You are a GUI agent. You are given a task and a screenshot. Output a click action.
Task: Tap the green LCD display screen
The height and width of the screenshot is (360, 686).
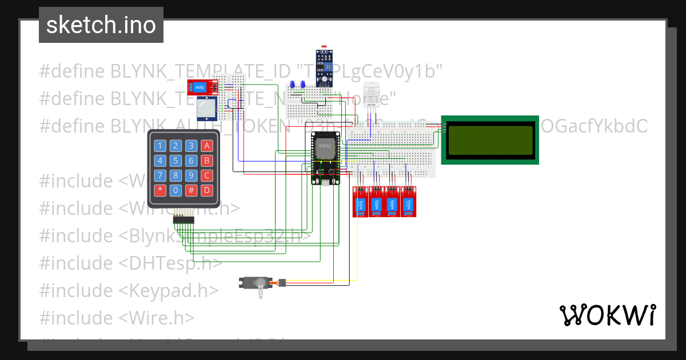click(490, 140)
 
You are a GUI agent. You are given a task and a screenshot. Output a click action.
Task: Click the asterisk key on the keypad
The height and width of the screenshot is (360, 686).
click(160, 190)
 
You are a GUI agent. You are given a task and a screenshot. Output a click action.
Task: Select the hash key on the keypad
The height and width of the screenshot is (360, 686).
click(192, 190)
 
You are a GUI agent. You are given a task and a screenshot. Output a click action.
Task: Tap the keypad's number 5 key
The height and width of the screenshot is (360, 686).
click(176, 161)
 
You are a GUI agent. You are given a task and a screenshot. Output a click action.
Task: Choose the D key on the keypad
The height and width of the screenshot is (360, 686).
click(208, 190)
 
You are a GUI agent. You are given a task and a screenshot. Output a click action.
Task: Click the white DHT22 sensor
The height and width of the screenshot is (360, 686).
click(372, 94)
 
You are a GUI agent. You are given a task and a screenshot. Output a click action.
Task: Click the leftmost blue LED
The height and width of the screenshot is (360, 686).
click(293, 85)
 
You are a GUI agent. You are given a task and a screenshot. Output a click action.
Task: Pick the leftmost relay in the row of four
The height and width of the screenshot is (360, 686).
click(361, 202)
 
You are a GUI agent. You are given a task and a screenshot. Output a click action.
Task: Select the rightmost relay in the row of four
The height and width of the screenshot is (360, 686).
click(408, 202)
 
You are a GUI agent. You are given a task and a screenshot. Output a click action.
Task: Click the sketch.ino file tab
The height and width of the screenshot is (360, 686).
click(101, 25)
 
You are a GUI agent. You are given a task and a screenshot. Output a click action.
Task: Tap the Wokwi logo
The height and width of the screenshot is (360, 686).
click(607, 315)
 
